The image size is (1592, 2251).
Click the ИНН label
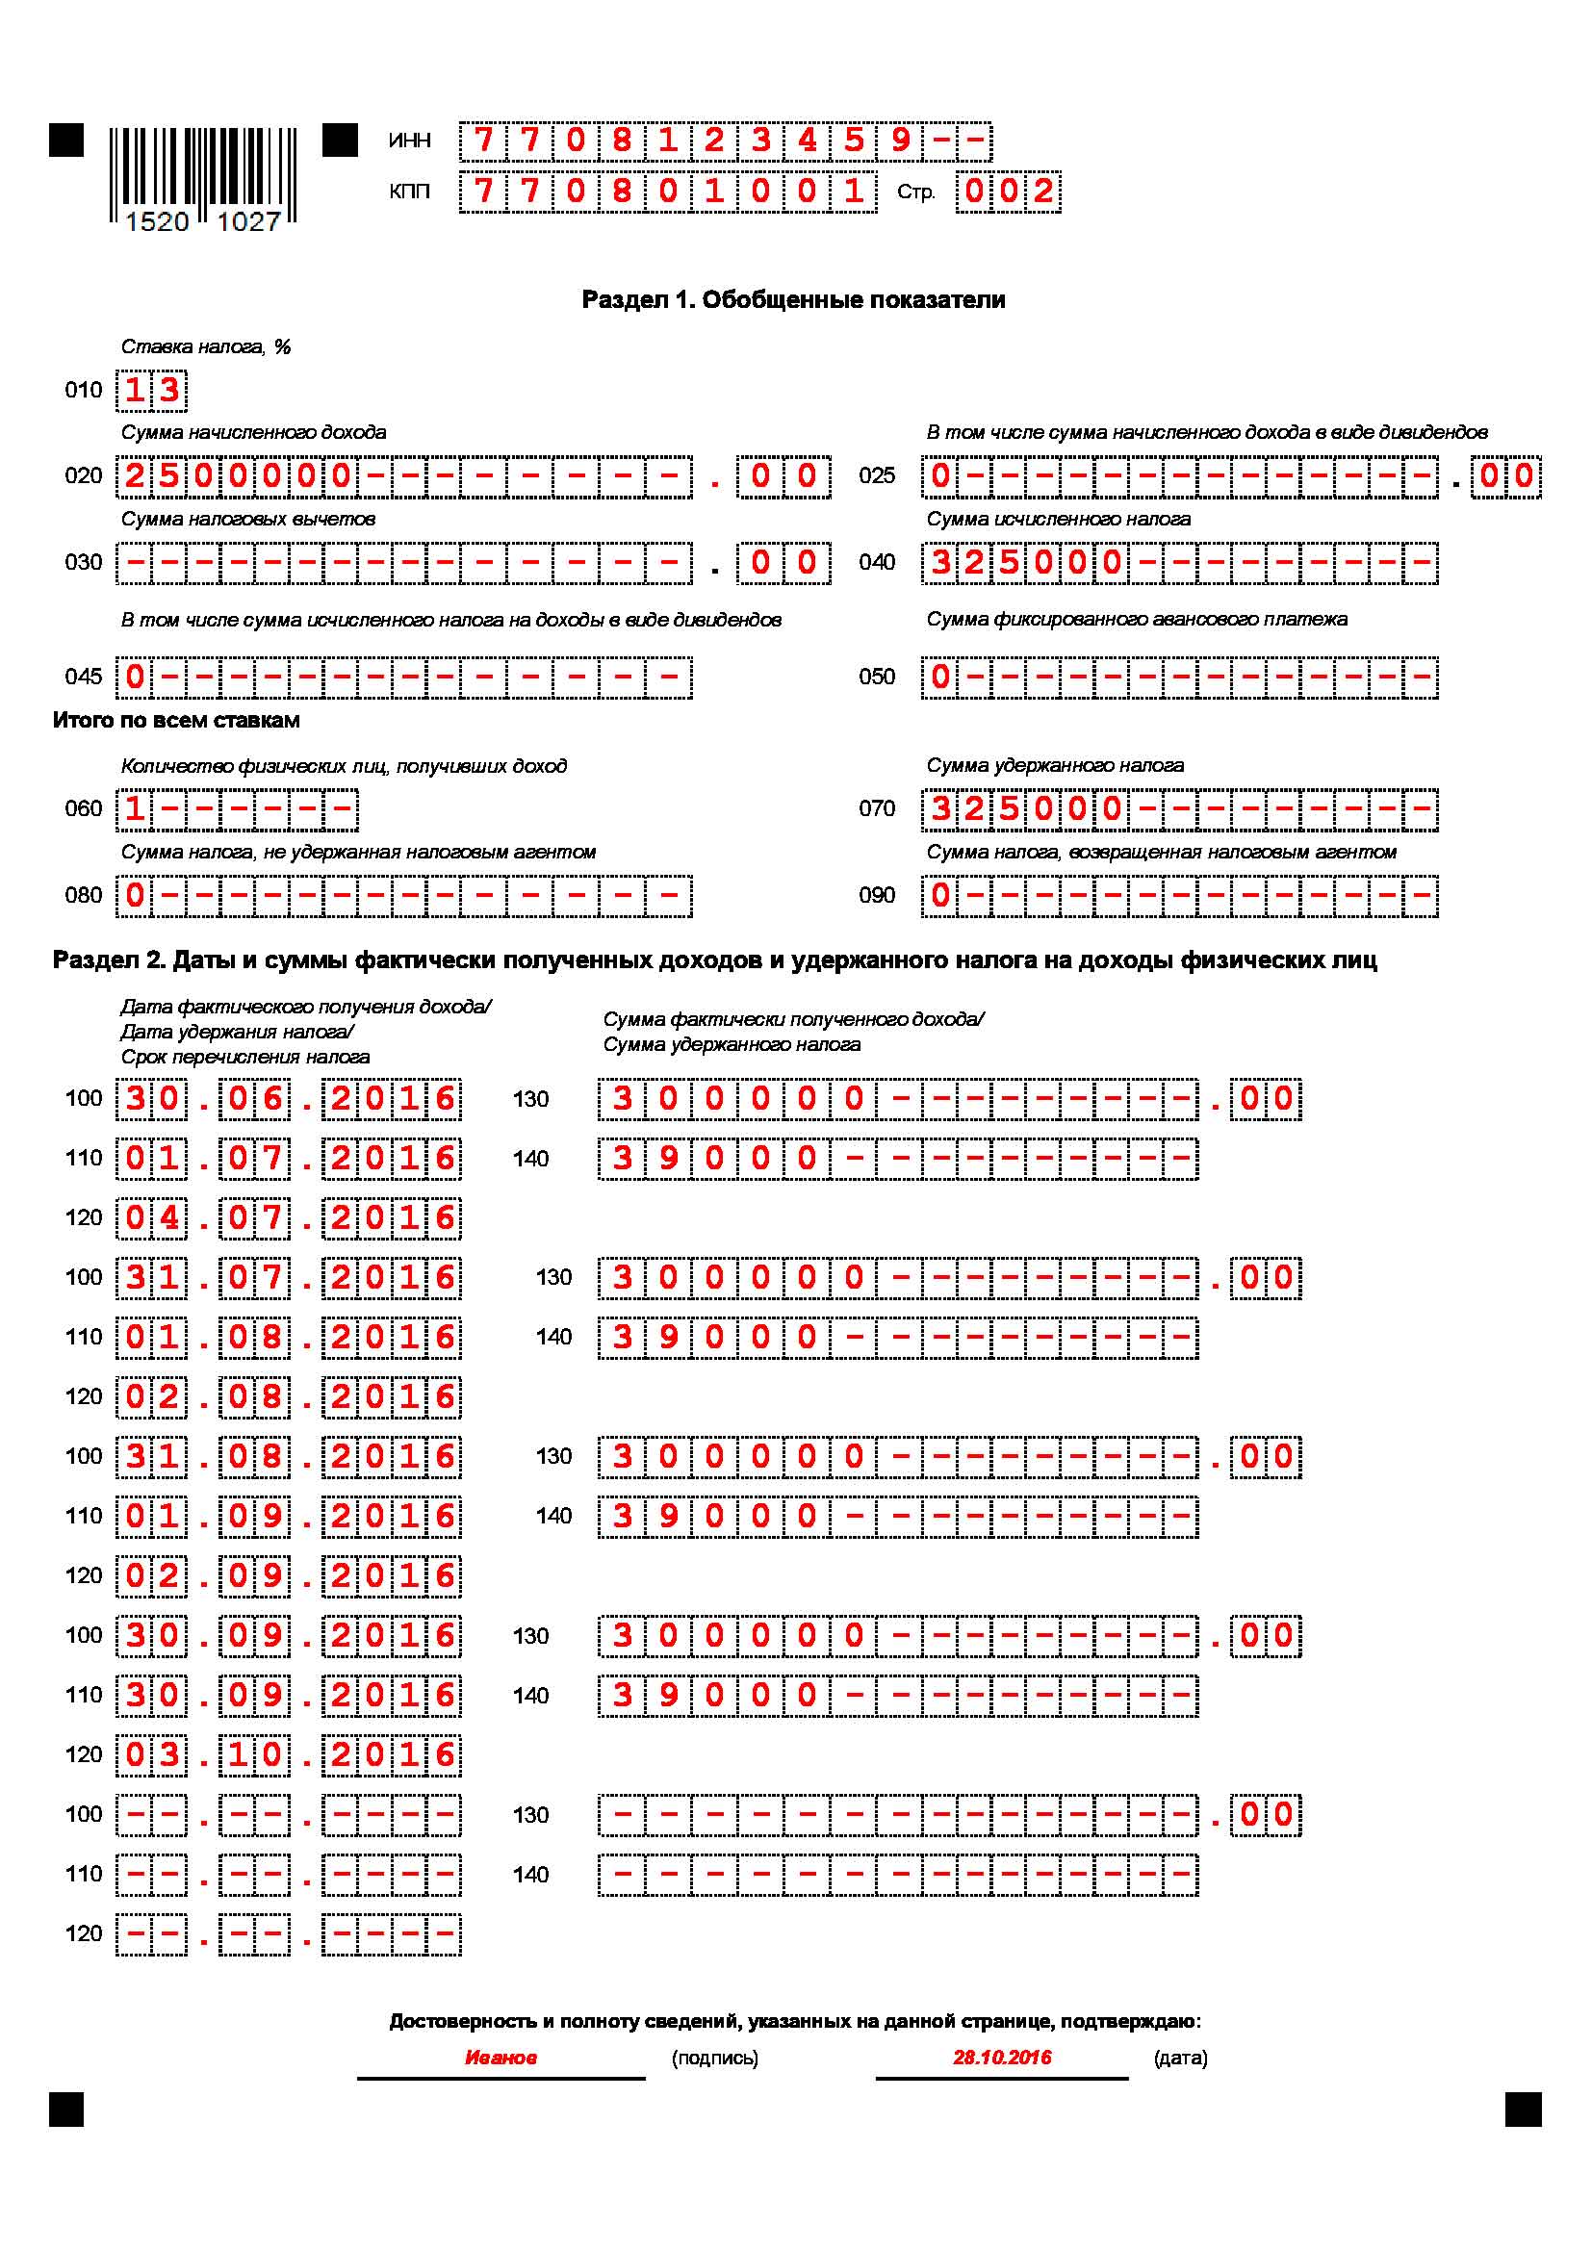point(410,141)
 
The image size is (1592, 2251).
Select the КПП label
point(410,192)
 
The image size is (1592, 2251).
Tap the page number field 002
point(1008,192)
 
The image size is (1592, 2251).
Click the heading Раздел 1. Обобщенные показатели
point(793,300)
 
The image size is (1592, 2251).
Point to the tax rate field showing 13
point(152,390)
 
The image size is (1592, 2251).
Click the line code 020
point(84,476)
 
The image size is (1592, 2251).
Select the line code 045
point(84,678)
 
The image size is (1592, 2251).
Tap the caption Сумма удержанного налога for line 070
point(1055,766)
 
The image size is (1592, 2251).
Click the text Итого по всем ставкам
point(176,721)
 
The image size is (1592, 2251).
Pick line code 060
point(84,809)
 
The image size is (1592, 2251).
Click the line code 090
point(877,896)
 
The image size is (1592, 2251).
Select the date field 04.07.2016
point(289,1218)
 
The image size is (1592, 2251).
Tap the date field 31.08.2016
point(289,1457)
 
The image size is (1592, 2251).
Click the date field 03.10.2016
point(289,1755)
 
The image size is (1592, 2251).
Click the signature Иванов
point(500,2058)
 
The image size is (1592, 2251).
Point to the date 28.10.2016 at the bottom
point(1002,2058)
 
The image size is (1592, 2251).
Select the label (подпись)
point(714,2058)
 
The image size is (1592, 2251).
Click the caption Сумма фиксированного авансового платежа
point(1136,620)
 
